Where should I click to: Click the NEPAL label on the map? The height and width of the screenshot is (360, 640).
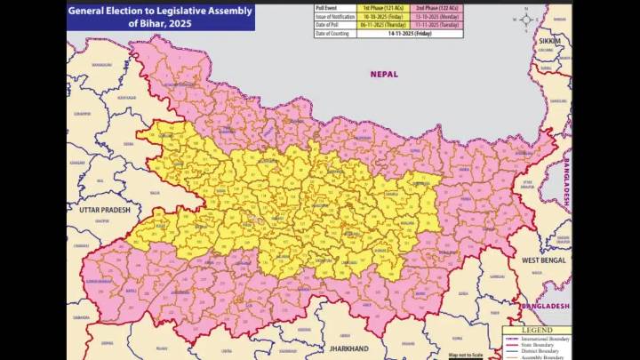[x=384, y=75]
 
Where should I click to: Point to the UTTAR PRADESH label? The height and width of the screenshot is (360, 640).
[x=98, y=210]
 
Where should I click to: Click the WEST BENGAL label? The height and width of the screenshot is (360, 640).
[x=542, y=260]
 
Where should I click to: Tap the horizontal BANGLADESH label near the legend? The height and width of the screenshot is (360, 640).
[x=545, y=306]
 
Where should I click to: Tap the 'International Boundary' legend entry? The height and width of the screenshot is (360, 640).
[x=546, y=339]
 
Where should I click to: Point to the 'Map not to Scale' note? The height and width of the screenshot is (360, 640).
[x=466, y=355]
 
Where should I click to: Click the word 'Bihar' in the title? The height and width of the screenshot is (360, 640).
[x=146, y=23]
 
